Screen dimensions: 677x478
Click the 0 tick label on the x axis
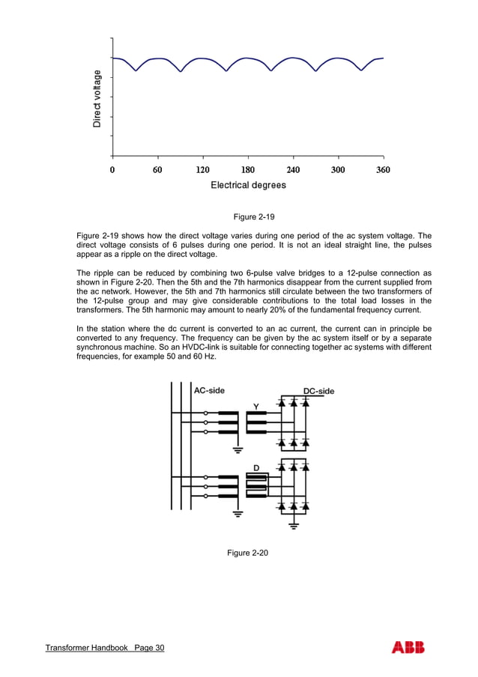click(112, 170)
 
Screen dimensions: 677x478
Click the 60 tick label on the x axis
click(157, 170)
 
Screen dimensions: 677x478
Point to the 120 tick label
click(202, 170)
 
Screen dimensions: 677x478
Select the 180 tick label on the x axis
click(248, 170)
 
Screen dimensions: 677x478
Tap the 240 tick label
click(293, 170)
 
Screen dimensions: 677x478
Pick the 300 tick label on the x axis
click(338, 170)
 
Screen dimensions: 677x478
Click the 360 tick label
click(382, 170)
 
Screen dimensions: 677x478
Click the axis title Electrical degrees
click(248, 185)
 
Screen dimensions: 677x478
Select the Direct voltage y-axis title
click(97, 98)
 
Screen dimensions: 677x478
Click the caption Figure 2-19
click(254, 217)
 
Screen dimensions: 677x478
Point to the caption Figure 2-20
click(247, 553)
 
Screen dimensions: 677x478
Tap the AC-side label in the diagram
click(209, 390)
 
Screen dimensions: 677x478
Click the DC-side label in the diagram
click(318, 391)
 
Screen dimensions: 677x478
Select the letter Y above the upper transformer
click(255, 407)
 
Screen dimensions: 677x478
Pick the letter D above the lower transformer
click(255, 468)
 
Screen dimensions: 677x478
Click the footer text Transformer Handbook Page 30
click(104, 648)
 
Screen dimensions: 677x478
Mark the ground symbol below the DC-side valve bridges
click(294, 526)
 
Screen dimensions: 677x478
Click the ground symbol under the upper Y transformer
click(238, 449)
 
